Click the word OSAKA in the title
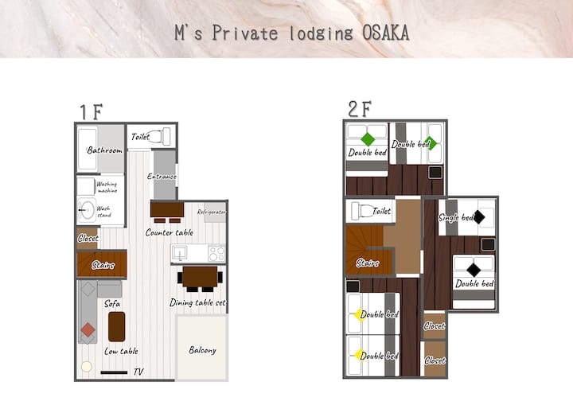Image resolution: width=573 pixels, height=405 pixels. click(x=385, y=33)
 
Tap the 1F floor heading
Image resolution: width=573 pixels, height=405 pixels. click(x=92, y=112)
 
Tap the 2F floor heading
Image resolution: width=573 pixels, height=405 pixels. click(x=360, y=108)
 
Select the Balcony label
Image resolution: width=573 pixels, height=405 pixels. click(x=202, y=350)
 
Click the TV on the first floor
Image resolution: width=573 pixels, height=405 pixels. click(x=114, y=372)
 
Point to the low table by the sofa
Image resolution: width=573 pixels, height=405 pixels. click(x=116, y=327)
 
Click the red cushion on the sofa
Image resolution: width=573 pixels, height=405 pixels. click(x=88, y=330)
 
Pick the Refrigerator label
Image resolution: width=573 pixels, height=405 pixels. click(x=211, y=212)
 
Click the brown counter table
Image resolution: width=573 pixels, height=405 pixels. click(x=167, y=209)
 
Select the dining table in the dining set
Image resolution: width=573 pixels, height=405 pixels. click(x=200, y=277)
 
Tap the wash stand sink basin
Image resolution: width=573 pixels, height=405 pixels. click(x=87, y=210)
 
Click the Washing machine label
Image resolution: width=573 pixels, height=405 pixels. click(x=107, y=187)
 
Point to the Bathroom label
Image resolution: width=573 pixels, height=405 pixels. click(x=104, y=150)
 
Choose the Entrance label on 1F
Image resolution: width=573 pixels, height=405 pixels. click(x=162, y=176)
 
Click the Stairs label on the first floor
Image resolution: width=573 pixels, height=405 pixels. click(x=103, y=265)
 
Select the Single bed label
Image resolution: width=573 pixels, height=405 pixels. click(x=456, y=217)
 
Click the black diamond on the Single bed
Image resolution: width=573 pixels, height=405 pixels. click(x=479, y=217)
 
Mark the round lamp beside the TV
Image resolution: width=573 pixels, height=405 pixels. click(x=87, y=366)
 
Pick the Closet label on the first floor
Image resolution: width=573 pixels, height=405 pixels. click(x=88, y=239)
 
